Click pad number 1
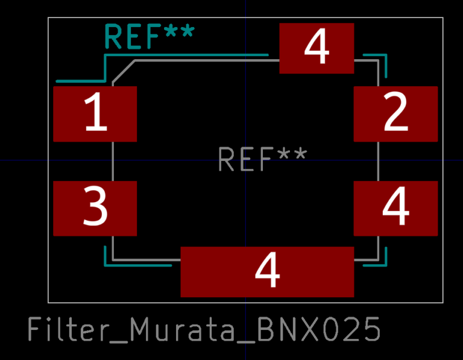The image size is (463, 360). [x=95, y=114]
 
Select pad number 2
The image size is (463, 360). [x=395, y=114]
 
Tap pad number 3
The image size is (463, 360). [x=95, y=209]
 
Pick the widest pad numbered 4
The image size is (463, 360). [x=267, y=272]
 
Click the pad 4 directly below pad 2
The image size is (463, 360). [x=395, y=209]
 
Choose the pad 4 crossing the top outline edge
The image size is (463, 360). [x=317, y=48]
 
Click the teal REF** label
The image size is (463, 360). [x=150, y=36]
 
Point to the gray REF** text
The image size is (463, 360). [x=262, y=159]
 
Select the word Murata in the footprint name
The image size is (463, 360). [x=182, y=329]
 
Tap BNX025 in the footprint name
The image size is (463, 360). [x=318, y=329]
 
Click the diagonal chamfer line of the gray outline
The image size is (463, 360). [x=124, y=71]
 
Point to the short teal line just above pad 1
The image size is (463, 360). [x=80, y=81]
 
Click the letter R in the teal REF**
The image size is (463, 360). [x=113, y=36]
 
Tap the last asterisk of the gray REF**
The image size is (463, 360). [x=300, y=154]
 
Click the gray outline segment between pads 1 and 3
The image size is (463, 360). [x=113, y=161]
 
